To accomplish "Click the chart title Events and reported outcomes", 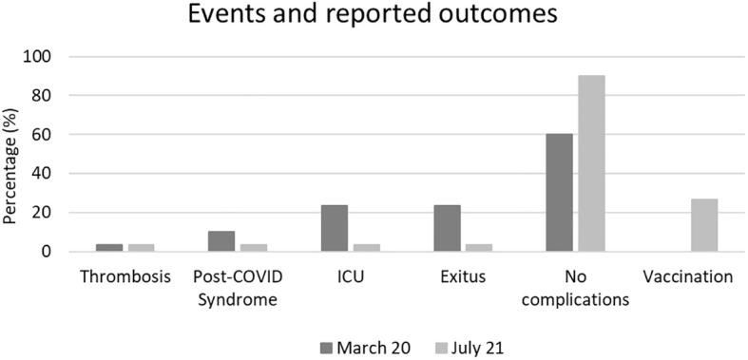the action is [373, 15].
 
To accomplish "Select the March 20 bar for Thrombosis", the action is [108, 248].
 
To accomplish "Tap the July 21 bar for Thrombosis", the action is [141, 248].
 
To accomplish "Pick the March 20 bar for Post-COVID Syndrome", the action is [221, 241].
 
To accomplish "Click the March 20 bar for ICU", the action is [335, 228].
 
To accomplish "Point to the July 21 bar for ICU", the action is [366, 248].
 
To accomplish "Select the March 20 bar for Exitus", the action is [448, 228].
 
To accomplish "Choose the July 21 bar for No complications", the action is [591, 163].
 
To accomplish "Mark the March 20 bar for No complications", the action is [560, 193].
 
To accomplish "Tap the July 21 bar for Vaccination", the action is [704, 225].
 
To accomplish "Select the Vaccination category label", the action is [687, 277].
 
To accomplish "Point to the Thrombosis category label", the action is [125, 277].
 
